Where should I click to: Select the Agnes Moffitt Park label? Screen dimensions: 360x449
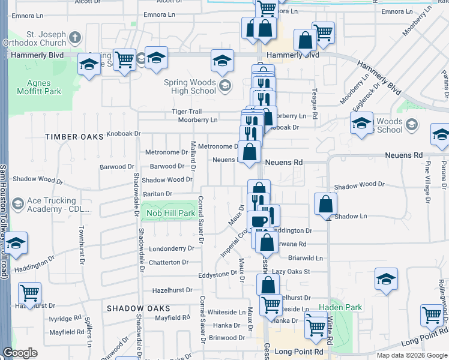(x=43, y=87)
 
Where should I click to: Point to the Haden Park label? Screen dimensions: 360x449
(x=340, y=307)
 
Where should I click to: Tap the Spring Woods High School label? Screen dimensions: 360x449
(x=190, y=86)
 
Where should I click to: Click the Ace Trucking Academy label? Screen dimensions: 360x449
(x=52, y=205)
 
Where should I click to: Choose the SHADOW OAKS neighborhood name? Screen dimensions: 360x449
(x=139, y=308)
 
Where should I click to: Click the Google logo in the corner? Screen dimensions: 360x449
(x=20, y=353)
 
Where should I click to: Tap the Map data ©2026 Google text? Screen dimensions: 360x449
(x=412, y=355)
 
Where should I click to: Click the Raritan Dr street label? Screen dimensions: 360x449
(x=157, y=194)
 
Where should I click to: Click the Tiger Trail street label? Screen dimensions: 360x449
(x=187, y=112)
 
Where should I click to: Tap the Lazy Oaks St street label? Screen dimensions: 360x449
(x=291, y=272)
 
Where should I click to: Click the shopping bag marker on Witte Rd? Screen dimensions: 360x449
(x=325, y=204)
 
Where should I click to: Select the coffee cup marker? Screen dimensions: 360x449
(x=259, y=221)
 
